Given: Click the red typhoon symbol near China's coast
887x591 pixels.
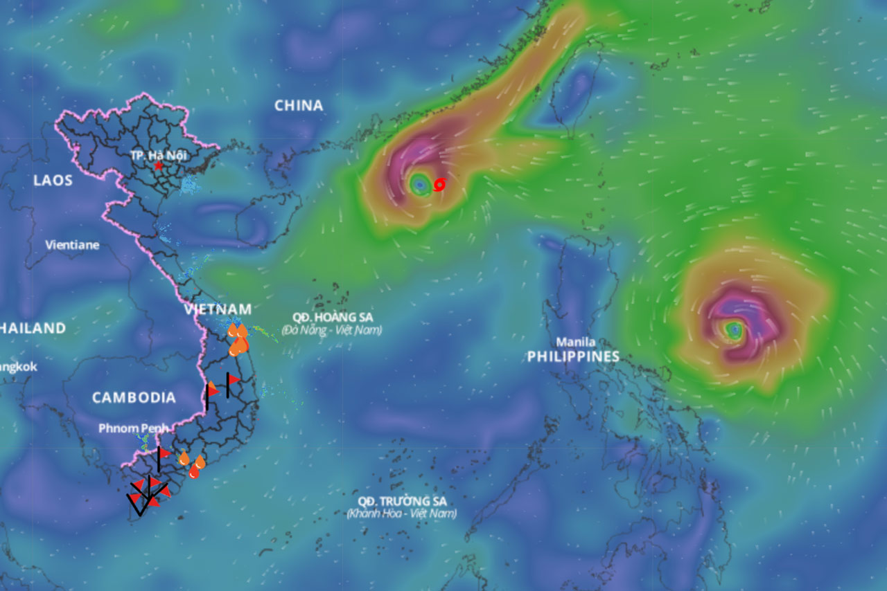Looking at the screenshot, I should (439, 184).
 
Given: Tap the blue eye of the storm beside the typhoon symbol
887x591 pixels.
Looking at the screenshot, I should (420, 184).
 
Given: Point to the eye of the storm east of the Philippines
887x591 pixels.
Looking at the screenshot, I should (734, 330).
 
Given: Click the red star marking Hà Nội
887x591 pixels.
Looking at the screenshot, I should (159, 166).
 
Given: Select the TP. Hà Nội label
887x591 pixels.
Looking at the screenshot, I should (159, 155).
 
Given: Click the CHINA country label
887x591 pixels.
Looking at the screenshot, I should (299, 106).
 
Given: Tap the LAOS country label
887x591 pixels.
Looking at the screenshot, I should (53, 181).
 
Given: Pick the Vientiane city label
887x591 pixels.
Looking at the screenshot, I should (72, 245).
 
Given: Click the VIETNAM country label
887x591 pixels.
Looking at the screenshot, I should (218, 309).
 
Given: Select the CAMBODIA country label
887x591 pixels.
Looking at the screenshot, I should (134, 398).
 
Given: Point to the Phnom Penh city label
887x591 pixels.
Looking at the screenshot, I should (133, 428).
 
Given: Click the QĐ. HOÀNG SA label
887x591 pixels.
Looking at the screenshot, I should (333, 317).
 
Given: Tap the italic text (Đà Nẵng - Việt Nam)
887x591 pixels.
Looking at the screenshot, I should (332, 330).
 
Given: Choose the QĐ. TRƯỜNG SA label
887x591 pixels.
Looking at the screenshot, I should (402, 500).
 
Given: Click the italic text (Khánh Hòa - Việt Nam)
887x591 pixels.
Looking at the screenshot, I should (402, 513).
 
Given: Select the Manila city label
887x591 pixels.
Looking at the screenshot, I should (575, 342).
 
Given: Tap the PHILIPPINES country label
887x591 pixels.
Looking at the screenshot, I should (573, 356).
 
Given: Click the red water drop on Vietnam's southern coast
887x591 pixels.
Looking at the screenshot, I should (194, 473).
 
